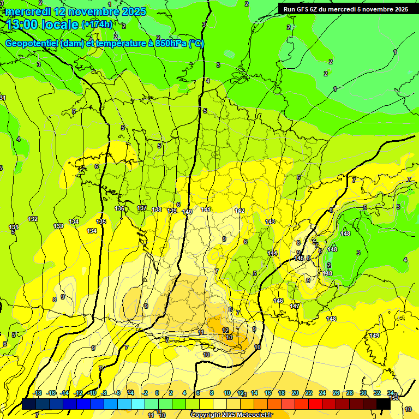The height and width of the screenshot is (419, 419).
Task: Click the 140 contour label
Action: (187, 212)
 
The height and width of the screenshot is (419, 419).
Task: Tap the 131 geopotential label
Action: (14, 227)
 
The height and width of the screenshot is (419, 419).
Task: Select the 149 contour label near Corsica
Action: (374, 336)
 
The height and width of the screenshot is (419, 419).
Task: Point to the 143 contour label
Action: (270, 222)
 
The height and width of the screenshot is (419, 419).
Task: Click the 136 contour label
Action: (120, 208)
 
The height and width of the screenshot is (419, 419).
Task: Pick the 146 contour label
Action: (278, 301)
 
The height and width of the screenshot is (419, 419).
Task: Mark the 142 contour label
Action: (240, 211)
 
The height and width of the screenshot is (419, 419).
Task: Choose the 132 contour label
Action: (33, 219)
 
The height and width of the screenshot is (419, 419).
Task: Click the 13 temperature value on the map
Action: (229, 338)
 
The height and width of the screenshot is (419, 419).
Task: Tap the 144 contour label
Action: (272, 253)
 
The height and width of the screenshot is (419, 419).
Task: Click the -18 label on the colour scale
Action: (37, 393)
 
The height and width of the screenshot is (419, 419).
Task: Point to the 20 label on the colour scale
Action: (295, 393)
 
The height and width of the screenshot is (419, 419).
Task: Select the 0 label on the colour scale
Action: (157, 393)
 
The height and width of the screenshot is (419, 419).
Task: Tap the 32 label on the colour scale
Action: (376, 393)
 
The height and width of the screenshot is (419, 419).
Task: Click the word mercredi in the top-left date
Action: (28, 11)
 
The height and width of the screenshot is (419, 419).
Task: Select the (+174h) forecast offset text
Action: (97, 24)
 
